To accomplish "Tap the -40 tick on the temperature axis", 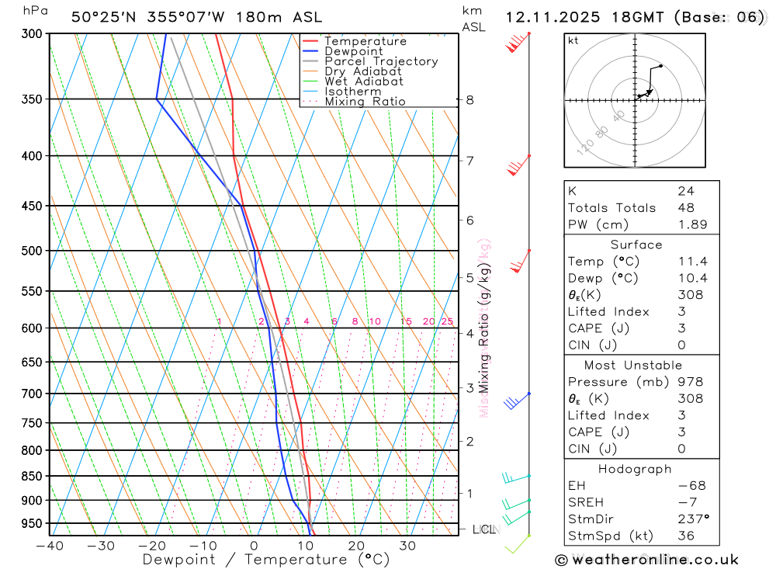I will (x=49, y=546).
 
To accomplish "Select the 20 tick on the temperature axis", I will (x=356, y=546).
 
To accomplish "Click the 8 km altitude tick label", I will (x=469, y=99).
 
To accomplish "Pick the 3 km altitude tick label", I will (x=469, y=387).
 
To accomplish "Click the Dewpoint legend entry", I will (x=353, y=51).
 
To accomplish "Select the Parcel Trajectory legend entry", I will (x=380, y=61).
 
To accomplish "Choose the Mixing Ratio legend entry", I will (x=365, y=102).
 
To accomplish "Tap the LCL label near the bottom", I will (x=484, y=529).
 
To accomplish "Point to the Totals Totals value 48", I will (x=686, y=207).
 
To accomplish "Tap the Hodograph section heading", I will (x=635, y=469).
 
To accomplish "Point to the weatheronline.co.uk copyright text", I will (x=647, y=560).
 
